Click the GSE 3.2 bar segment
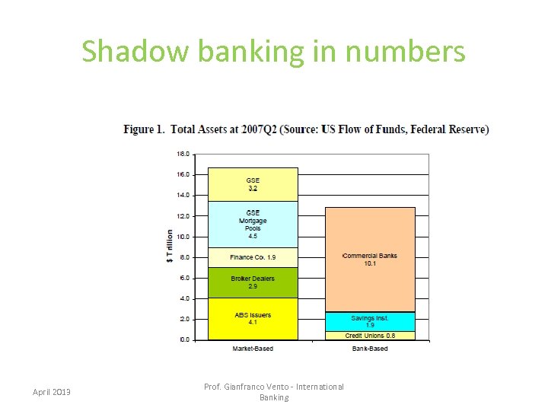coord(253,184)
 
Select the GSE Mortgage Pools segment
coord(253,225)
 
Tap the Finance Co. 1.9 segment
coord(253,257)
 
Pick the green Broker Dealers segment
coord(253,282)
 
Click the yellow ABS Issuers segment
coord(253,319)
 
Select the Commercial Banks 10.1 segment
coord(370,260)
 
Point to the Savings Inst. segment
coord(370,321)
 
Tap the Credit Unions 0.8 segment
coord(370,336)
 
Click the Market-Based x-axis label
coord(253,349)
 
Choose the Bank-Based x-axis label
coord(370,349)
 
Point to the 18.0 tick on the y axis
coord(183,154)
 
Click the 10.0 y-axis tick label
coord(183,237)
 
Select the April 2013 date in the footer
coord(52,392)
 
